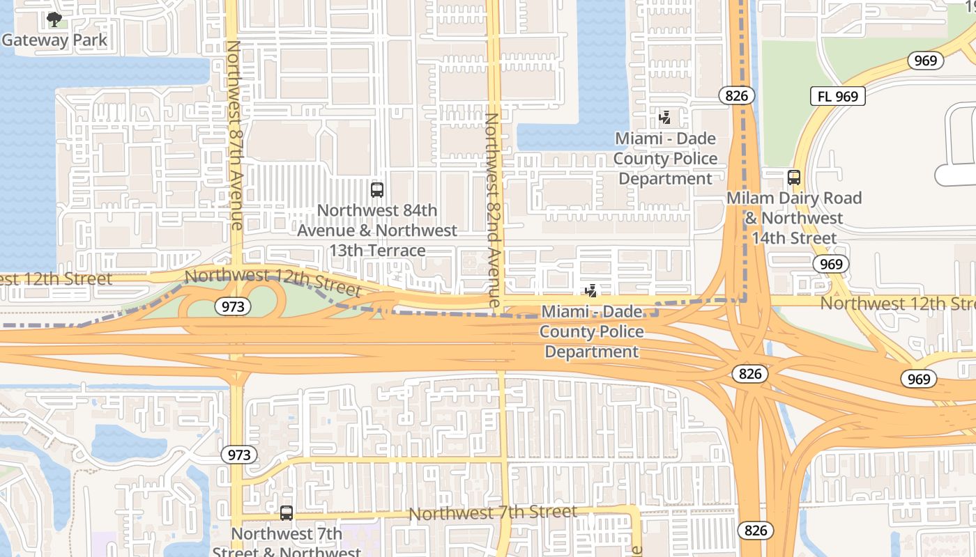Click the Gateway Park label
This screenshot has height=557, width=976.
(x=54, y=40)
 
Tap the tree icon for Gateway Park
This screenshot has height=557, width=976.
(x=54, y=19)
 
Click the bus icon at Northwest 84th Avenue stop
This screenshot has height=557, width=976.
(x=377, y=189)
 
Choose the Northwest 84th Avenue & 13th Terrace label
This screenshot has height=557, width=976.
(x=377, y=230)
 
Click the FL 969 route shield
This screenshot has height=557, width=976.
(x=837, y=96)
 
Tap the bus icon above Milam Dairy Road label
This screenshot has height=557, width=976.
(x=793, y=178)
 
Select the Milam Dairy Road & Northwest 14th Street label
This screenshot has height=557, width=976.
(x=794, y=218)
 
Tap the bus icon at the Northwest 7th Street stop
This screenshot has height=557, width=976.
(x=286, y=513)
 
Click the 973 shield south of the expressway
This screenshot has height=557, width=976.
(x=239, y=455)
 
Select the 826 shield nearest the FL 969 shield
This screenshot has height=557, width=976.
(x=736, y=95)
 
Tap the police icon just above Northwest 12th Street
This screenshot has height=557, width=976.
(x=591, y=290)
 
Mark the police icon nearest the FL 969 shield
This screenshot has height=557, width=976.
(x=664, y=118)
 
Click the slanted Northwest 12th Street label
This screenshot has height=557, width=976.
(x=273, y=281)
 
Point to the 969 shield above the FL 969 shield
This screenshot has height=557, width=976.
(x=925, y=61)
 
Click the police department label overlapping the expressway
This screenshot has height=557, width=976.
(x=591, y=331)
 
